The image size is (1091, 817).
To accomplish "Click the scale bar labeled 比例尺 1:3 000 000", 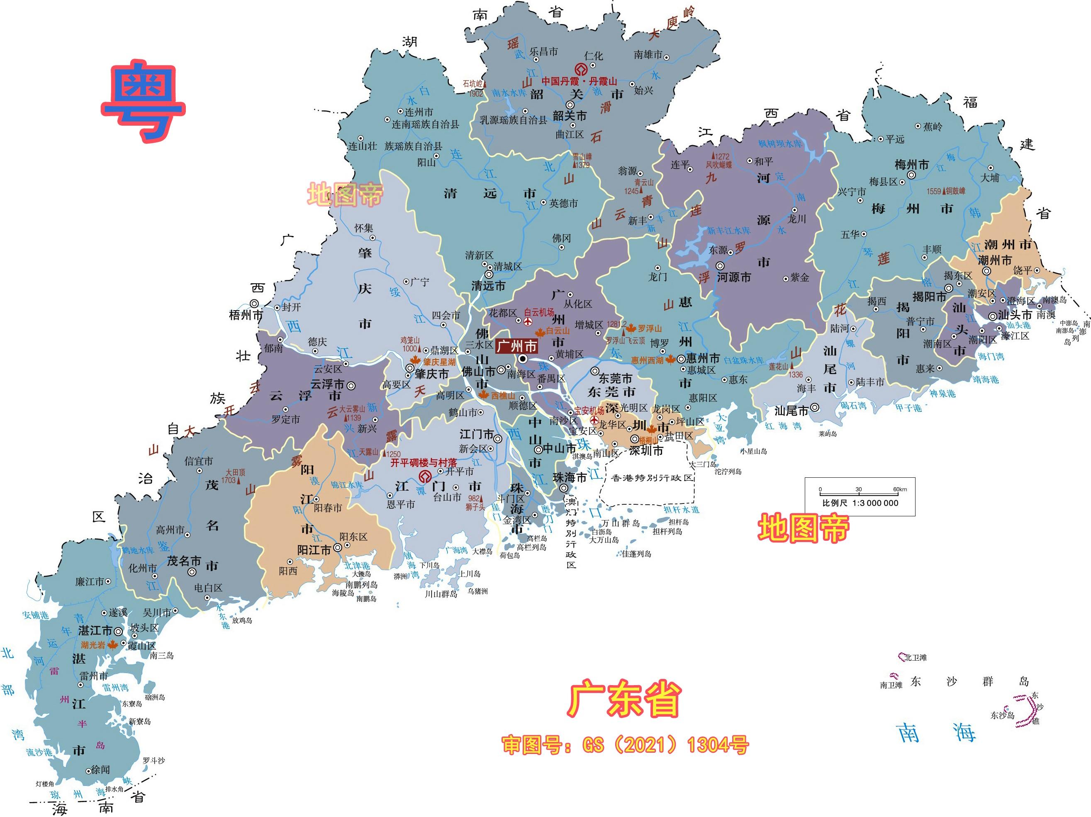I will pyautogui.click(x=860, y=496).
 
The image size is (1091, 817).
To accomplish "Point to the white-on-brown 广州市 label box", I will pyautogui.click(x=516, y=345).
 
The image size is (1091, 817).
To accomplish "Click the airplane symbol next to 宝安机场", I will pyautogui.click(x=595, y=420).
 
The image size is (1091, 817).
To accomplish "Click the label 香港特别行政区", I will pyautogui.click(x=652, y=478).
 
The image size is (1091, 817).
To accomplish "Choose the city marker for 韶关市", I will pyautogui.click(x=570, y=105).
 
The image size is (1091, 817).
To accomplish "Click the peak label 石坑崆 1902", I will pyautogui.click(x=473, y=88).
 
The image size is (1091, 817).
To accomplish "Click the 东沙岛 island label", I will pyautogui.click(x=1002, y=715).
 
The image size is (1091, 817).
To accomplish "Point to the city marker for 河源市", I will pyautogui.click(x=720, y=266).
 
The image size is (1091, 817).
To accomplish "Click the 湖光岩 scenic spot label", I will pyautogui.click(x=93, y=645).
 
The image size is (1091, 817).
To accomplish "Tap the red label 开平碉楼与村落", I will pyautogui.click(x=424, y=463).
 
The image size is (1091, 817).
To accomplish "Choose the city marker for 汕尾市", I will pyautogui.click(x=815, y=407).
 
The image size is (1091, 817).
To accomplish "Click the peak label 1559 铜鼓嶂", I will pyautogui.click(x=946, y=191).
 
